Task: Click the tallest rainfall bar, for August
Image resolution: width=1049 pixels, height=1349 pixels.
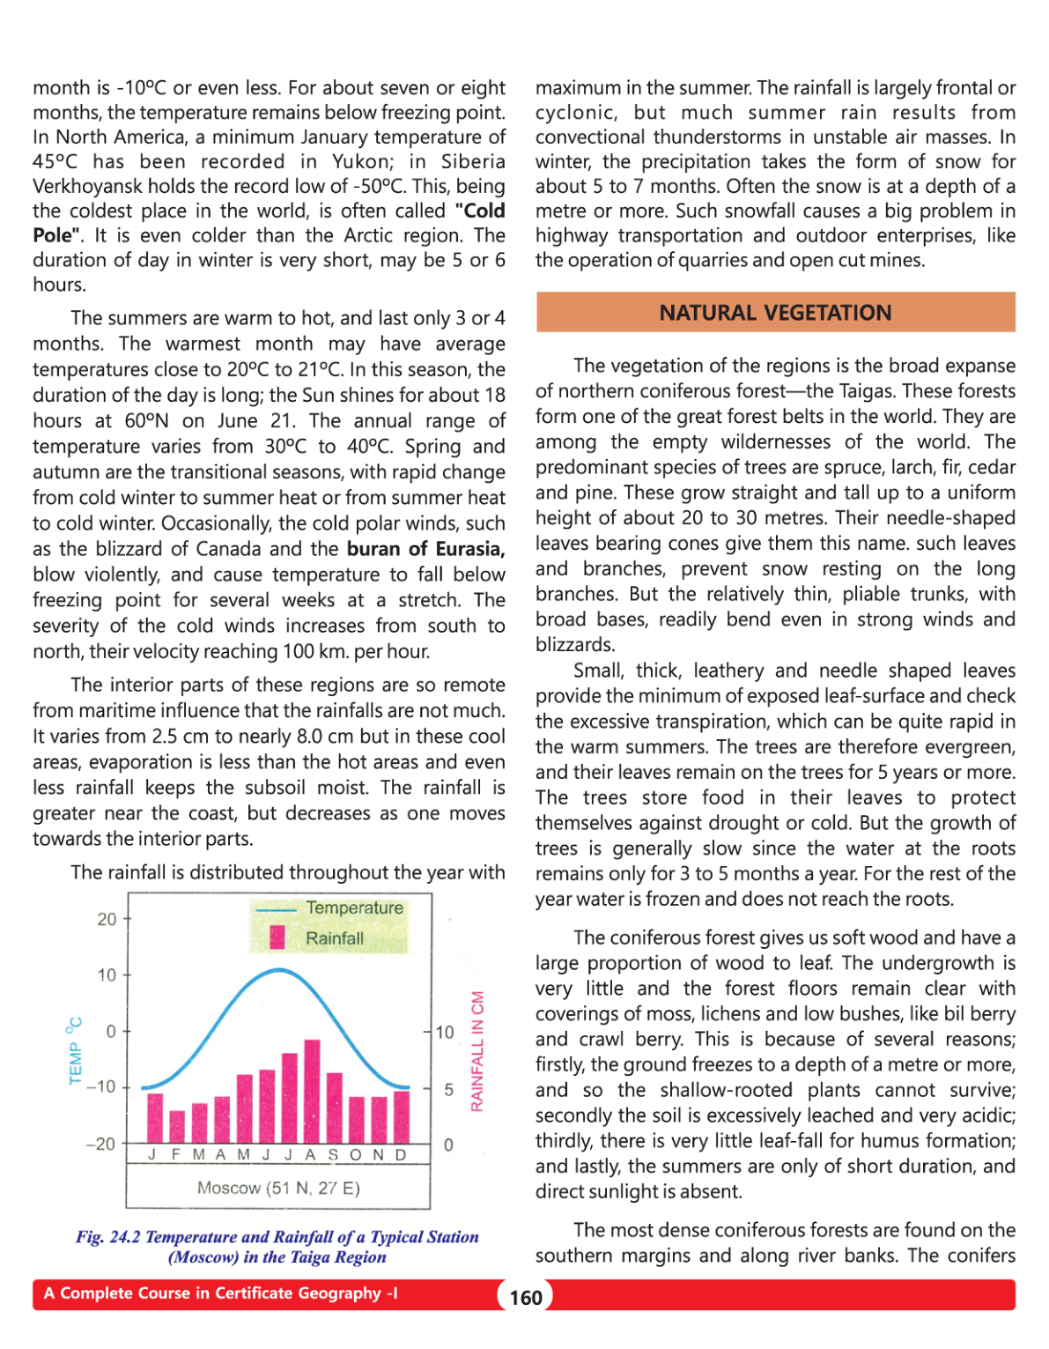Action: point(312,1091)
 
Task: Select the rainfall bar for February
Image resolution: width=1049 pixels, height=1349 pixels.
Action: point(177,1126)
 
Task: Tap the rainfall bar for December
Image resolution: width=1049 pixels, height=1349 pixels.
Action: point(402,1116)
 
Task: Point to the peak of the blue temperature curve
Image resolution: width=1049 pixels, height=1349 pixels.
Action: point(278,970)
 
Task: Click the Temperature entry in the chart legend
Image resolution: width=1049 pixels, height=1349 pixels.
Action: point(354,908)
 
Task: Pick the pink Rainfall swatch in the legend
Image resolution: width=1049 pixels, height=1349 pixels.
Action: point(277,938)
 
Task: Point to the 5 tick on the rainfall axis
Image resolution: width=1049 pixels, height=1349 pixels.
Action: point(448,1090)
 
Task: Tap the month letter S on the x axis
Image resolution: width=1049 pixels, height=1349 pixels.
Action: point(333,1155)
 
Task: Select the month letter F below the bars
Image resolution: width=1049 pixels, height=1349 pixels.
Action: point(176,1155)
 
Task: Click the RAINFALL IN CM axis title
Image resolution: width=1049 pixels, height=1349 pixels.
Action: point(477,1051)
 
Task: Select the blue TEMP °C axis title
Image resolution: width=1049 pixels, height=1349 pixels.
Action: point(75,1051)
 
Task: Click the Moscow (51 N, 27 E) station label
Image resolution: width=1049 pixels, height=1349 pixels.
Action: point(278,1188)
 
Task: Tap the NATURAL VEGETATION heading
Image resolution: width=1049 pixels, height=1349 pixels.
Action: point(775,313)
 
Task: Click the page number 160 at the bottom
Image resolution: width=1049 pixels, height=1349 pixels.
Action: point(526,1297)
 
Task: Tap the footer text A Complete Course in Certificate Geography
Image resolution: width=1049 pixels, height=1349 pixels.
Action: point(220,1293)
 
